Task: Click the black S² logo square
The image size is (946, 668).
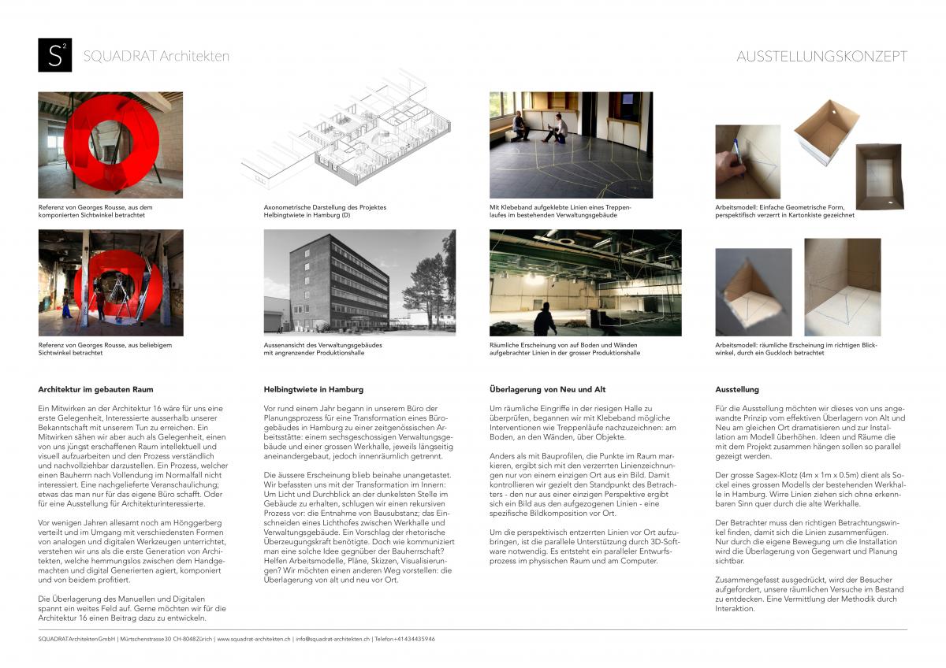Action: [54, 55]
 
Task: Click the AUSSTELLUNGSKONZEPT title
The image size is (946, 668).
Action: [821, 56]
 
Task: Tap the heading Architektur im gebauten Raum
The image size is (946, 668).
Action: [95, 389]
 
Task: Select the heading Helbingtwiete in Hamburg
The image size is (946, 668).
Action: [313, 389]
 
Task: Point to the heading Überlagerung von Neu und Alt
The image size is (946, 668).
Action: [547, 389]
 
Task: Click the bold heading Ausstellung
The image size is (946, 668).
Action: [736, 389]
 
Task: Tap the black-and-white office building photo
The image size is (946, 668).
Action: [359, 282]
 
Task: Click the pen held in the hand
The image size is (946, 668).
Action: [737, 150]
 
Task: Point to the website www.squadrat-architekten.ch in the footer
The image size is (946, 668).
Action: [253, 639]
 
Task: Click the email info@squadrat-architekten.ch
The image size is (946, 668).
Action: [331, 639]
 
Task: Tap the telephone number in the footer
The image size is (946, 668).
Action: [405, 639]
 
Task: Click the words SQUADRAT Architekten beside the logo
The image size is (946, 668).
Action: [156, 56]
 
